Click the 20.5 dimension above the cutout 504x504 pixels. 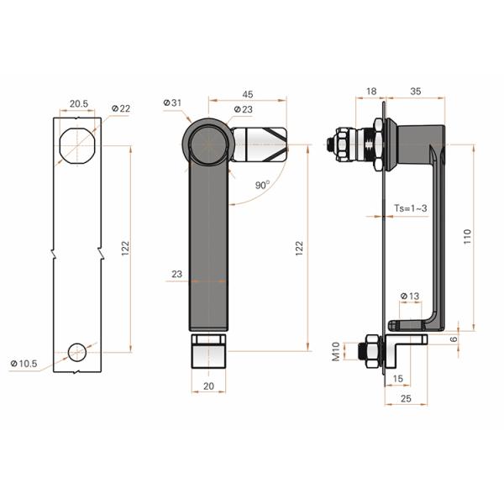coord(78,103)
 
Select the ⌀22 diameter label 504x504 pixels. coord(120,109)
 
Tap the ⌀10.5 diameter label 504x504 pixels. coord(24,363)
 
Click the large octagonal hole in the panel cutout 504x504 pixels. coord(78,147)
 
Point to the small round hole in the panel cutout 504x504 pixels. coord(78,351)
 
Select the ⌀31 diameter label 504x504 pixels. coord(173,102)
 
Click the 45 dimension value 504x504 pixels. coord(249,94)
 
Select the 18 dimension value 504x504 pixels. coord(370,90)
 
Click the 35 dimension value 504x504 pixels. coord(416,90)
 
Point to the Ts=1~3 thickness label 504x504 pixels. coord(411,208)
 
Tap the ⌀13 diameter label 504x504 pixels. coord(410,296)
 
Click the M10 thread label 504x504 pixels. coord(336,351)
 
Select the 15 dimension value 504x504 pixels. coord(396,379)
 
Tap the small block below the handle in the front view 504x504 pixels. coord(209,352)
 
